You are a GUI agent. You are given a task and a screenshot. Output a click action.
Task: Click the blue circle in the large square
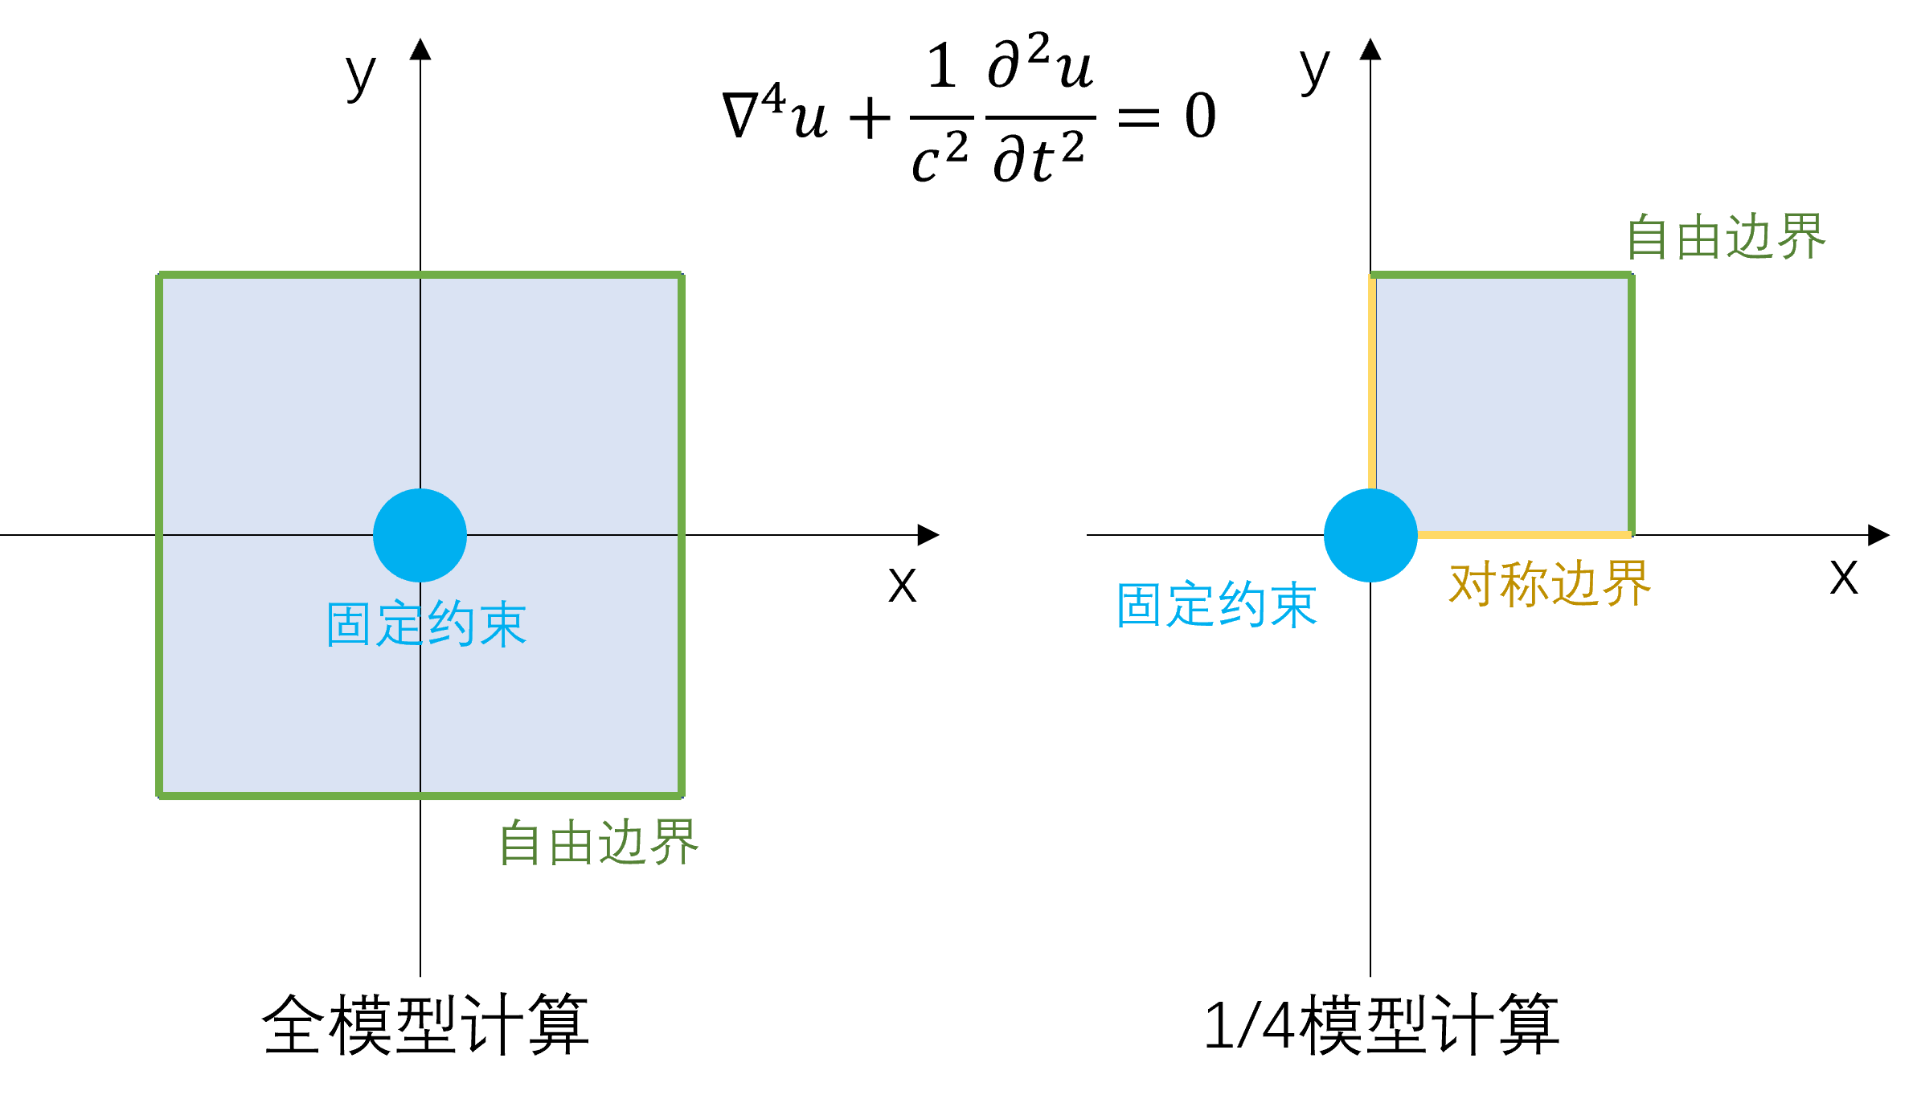tap(420, 535)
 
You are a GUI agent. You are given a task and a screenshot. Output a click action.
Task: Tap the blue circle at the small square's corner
tap(1370, 535)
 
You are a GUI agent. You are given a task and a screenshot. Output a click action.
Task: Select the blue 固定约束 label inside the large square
tap(426, 624)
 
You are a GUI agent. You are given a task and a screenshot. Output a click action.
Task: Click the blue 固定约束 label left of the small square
tap(1216, 605)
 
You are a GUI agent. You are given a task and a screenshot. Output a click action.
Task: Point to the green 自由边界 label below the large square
tap(598, 843)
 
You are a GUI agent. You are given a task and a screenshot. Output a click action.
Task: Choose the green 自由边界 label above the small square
tap(1726, 237)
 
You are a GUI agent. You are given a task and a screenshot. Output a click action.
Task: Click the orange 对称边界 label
tap(1549, 584)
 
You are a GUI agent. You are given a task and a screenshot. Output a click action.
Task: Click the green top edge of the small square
tap(1501, 275)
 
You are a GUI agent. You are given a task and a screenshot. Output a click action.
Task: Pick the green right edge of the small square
tap(1631, 402)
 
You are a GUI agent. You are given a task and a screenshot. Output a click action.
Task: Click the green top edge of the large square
tap(420, 275)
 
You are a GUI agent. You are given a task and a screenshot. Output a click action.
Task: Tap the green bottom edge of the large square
tap(420, 795)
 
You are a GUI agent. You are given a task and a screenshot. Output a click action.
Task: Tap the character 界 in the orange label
tap(1626, 584)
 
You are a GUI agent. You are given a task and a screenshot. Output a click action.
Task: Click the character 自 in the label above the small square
tap(1648, 237)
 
